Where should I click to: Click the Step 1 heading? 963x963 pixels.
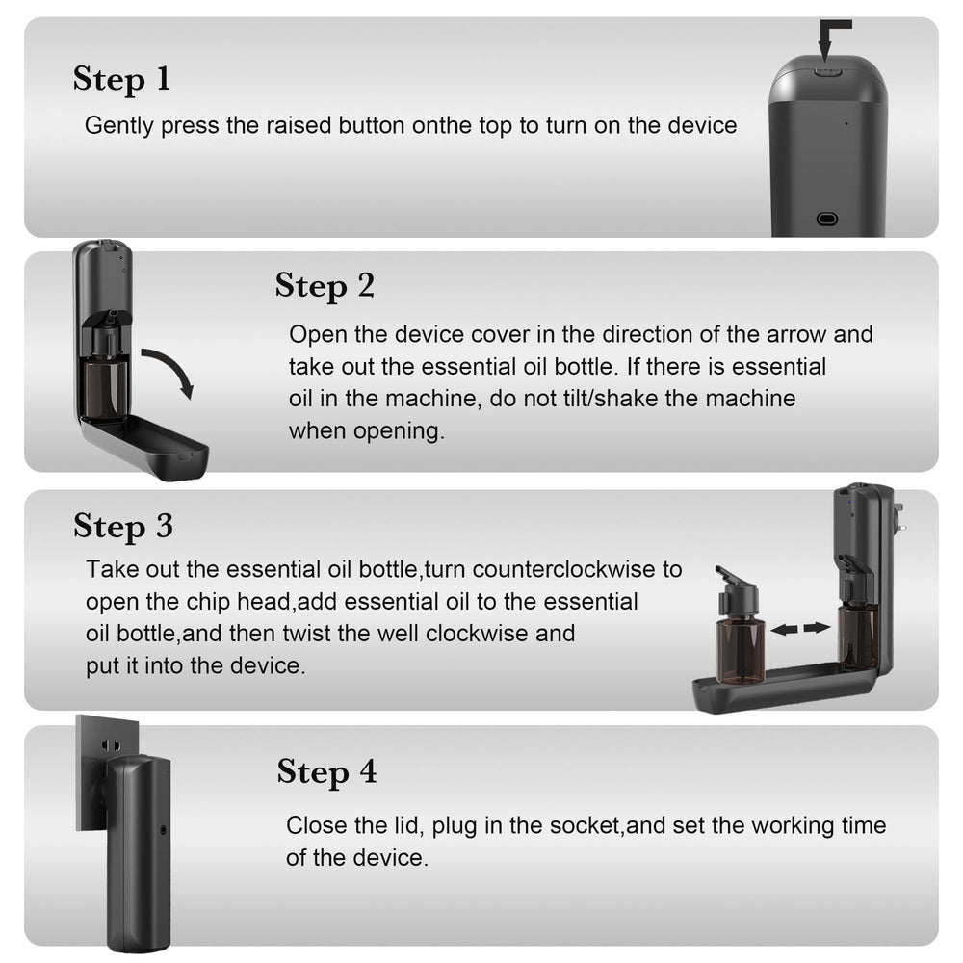click(121, 79)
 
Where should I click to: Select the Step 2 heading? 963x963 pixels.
click(325, 286)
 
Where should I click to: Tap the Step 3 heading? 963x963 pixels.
click(123, 526)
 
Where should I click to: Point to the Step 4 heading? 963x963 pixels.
click(326, 772)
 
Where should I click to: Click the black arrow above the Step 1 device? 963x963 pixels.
click(829, 39)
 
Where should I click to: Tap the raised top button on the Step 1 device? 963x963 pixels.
click(827, 69)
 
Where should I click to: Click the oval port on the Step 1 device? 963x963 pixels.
click(826, 219)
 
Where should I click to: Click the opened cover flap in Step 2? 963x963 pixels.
click(144, 444)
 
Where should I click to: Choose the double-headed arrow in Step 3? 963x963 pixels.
click(800, 628)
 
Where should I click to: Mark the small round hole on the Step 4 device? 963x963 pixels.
click(161, 829)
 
